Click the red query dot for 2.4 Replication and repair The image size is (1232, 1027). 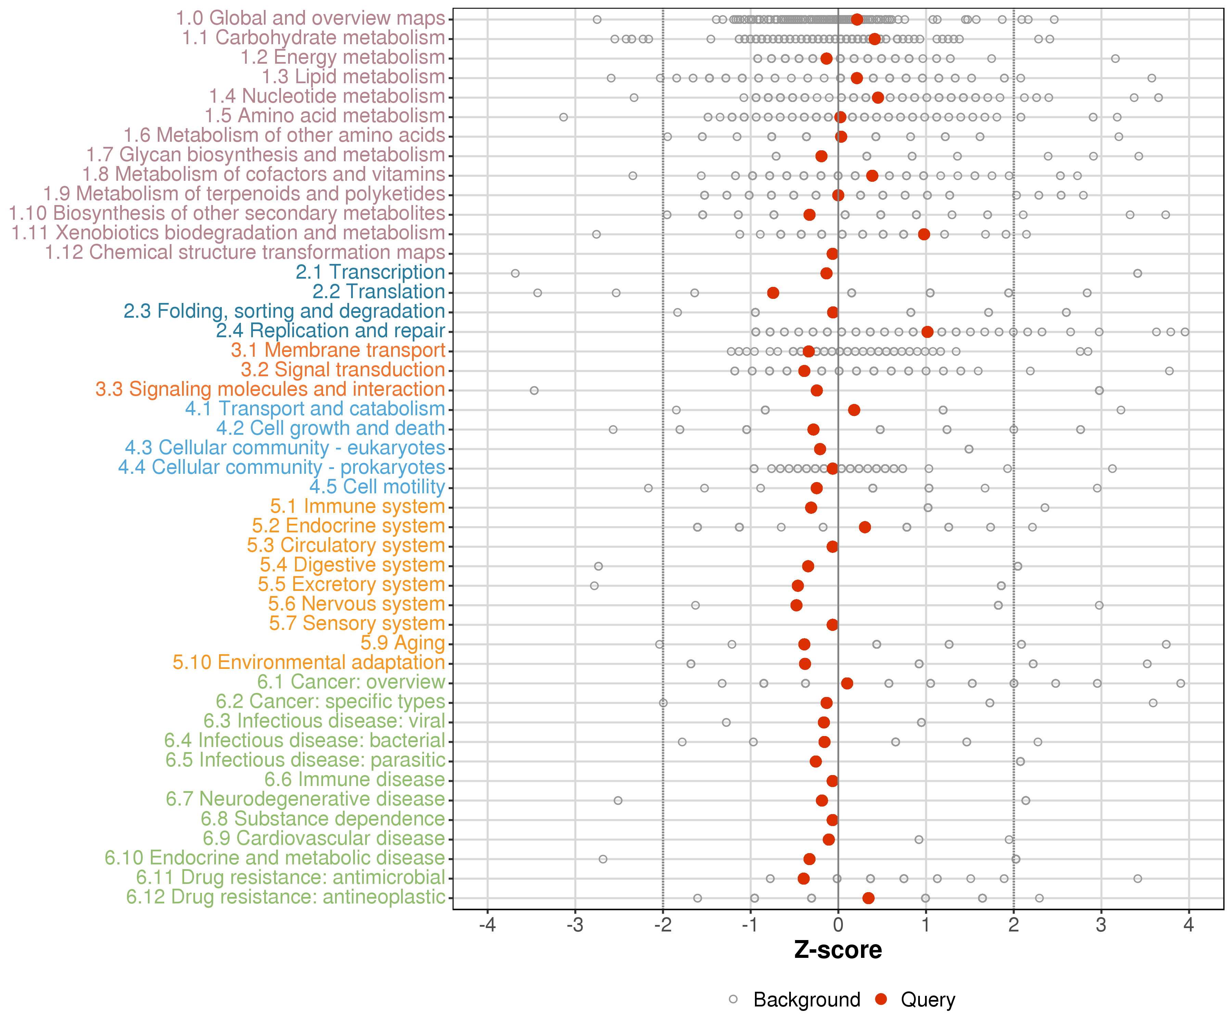[x=927, y=332]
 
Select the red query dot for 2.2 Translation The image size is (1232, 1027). [x=773, y=293]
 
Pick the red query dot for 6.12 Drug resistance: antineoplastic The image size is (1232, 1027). [x=868, y=898]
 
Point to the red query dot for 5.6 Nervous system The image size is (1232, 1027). [x=796, y=605]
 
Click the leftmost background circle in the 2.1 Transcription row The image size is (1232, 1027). [x=515, y=274]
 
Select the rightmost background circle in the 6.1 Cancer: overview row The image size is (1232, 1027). [x=1180, y=683]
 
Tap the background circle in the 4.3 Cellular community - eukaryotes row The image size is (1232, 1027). [x=968, y=449]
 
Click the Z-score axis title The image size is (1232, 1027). [x=838, y=950]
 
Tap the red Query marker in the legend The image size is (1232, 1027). [x=881, y=999]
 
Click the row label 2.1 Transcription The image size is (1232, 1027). [x=370, y=272]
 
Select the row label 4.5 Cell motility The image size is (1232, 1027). [x=377, y=487]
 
